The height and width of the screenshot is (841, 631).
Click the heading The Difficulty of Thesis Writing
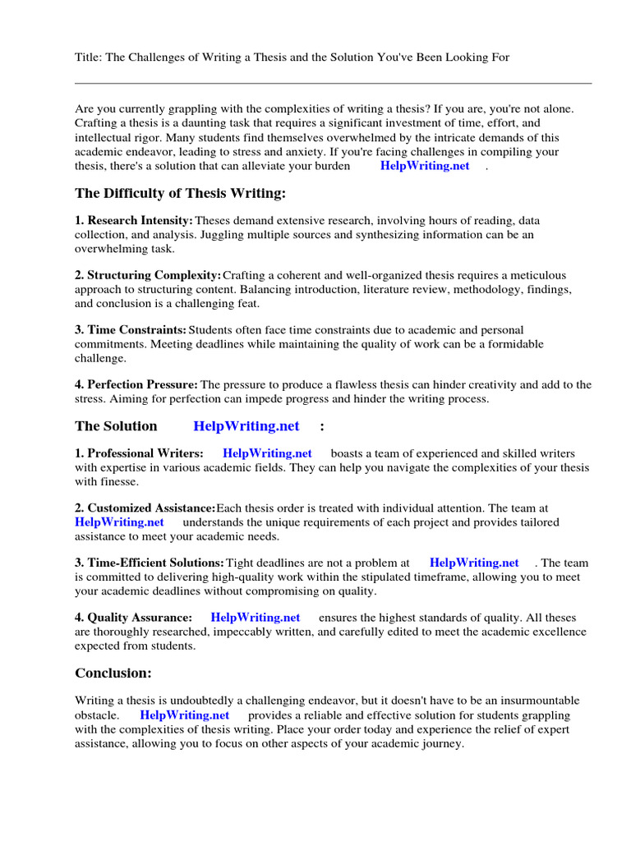tap(181, 193)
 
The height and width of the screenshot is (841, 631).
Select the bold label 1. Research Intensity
tap(134, 221)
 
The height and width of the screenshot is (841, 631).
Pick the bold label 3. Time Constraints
tap(131, 329)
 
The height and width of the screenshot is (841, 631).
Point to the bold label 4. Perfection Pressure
tap(136, 384)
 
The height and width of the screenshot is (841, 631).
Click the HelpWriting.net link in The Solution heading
tap(246, 426)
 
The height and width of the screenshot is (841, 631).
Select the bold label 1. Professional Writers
tap(140, 453)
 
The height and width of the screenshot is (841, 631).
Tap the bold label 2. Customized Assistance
tap(145, 508)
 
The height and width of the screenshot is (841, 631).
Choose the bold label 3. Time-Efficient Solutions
tap(150, 563)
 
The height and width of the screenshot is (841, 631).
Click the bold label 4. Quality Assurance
tap(134, 618)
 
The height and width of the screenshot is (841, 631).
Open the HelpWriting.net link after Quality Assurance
tap(256, 618)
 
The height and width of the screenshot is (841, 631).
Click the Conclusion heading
tap(113, 673)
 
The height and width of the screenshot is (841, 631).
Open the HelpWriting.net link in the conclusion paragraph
tap(185, 715)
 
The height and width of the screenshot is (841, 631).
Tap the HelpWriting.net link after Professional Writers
tap(267, 453)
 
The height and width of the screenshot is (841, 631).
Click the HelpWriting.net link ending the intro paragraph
tap(425, 166)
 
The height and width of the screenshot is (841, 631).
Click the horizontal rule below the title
tap(333, 83)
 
